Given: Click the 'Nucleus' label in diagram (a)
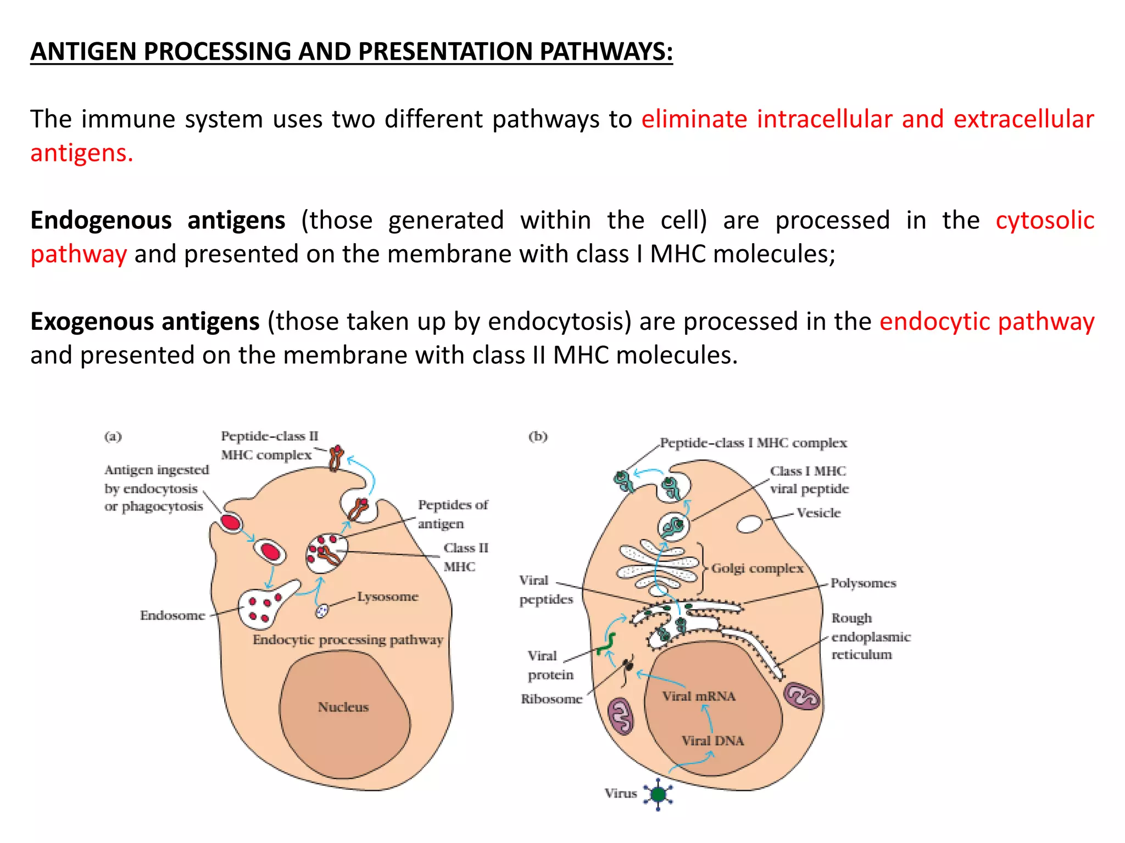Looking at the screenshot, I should click(343, 707).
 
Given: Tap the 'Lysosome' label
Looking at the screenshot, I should click(388, 597).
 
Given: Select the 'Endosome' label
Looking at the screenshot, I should click(172, 615).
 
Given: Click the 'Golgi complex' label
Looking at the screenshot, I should click(757, 568).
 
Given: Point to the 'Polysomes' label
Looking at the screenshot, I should click(863, 583).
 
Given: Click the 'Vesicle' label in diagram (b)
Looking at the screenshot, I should click(818, 513).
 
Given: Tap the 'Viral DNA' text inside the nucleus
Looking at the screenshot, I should click(712, 741).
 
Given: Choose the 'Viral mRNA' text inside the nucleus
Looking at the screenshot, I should click(699, 696).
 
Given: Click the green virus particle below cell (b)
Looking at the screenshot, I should click(658, 794).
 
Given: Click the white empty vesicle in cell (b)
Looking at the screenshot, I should click(749, 524).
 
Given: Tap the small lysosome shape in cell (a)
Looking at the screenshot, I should click(322, 610).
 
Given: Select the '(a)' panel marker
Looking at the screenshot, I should click(113, 437).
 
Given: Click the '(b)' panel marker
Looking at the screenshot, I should click(538, 437).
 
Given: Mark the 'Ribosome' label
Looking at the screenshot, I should click(552, 699).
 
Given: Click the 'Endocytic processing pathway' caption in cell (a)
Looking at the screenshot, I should click(348, 640).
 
